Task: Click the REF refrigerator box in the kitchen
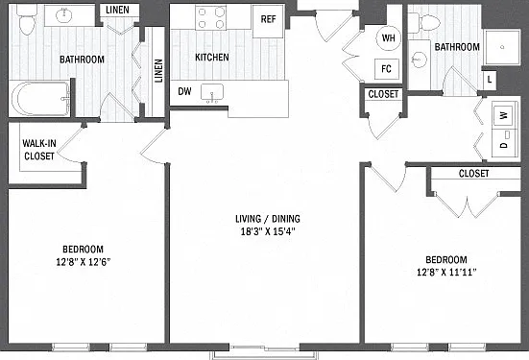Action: click(x=269, y=21)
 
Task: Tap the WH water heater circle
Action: click(x=388, y=37)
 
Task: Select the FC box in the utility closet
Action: click(x=387, y=69)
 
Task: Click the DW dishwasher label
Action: click(x=185, y=91)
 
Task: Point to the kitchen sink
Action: click(x=212, y=92)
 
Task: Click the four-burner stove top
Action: click(x=211, y=17)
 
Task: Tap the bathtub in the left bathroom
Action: click(x=39, y=99)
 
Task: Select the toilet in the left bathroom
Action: click(x=26, y=19)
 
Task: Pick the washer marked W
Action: click(x=504, y=115)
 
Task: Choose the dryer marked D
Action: click(x=504, y=142)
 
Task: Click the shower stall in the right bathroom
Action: click(x=502, y=47)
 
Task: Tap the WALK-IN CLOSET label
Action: click(x=39, y=150)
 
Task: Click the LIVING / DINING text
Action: click(x=268, y=219)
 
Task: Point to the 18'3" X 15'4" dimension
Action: click(x=268, y=231)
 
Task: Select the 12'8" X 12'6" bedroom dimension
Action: click(x=84, y=262)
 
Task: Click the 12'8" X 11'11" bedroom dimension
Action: click(x=446, y=272)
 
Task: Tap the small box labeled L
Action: click(x=490, y=80)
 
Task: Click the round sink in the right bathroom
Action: click(x=419, y=60)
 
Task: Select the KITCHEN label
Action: click(x=212, y=57)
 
